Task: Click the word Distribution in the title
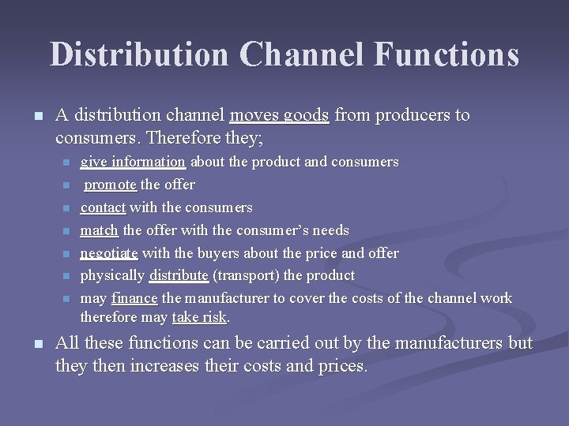click(x=139, y=54)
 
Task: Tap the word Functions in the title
click(x=447, y=54)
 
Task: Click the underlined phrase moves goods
click(x=279, y=116)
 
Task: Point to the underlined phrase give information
click(x=133, y=162)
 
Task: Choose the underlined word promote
click(x=111, y=185)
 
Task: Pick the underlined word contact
click(x=104, y=207)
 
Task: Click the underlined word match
click(x=100, y=230)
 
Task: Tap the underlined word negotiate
click(x=109, y=253)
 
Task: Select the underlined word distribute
click(x=179, y=275)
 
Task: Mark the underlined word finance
click(x=135, y=298)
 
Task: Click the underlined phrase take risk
click(x=200, y=317)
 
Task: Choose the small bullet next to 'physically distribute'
click(x=67, y=276)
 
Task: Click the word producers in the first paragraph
click(x=410, y=116)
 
